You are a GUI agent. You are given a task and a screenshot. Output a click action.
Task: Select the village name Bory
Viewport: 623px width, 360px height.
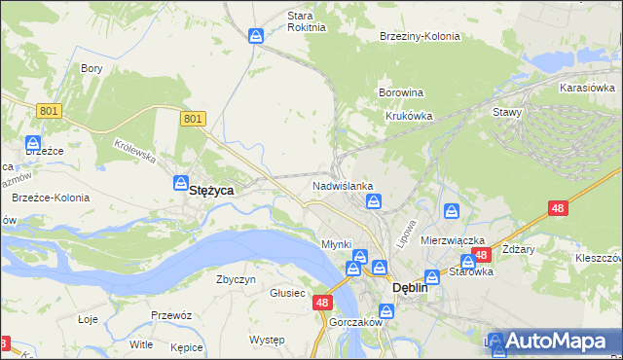(92, 68)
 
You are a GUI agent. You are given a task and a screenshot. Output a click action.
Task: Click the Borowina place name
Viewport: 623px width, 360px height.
(400, 93)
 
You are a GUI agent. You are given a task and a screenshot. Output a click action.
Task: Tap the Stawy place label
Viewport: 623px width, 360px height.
(507, 112)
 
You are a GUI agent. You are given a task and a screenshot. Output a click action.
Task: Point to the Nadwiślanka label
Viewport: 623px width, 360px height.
(343, 185)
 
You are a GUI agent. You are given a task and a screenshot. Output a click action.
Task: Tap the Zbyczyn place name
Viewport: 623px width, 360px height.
(236, 279)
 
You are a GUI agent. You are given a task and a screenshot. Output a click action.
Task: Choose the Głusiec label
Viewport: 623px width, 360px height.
(288, 293)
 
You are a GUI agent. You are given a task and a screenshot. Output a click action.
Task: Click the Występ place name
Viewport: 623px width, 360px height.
(266, 340)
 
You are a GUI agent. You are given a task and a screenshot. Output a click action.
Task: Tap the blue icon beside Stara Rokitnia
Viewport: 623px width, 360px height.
(256, 36)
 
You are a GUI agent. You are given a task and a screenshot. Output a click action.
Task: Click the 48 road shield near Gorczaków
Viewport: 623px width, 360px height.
(323, 303)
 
